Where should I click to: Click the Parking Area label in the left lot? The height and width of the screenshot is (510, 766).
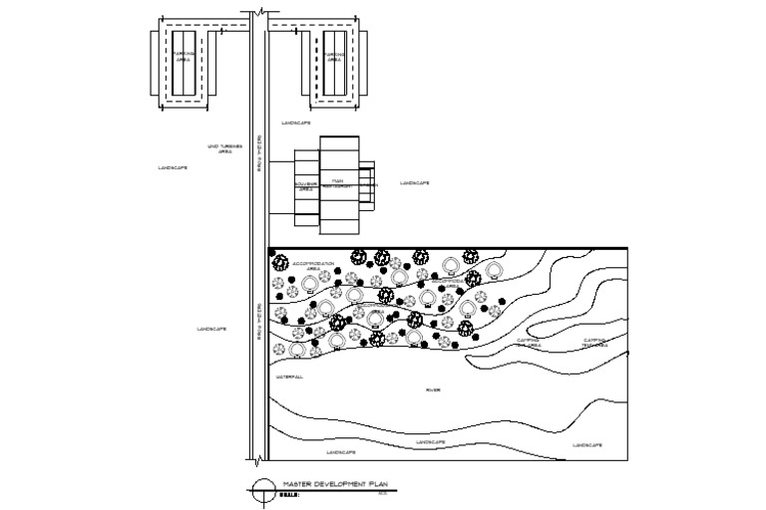(182, 57)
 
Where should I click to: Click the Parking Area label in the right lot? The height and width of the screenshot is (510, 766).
(334, 57)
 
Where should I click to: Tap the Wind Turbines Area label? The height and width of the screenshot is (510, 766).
(219, 148)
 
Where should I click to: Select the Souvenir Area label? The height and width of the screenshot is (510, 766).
(305, 186)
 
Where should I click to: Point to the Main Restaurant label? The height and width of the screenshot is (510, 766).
(339, 183)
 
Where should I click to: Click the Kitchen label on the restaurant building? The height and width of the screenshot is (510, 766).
(370, 185)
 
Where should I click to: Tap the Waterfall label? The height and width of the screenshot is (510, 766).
(289, 378)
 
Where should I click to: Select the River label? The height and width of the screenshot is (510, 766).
(433, 389)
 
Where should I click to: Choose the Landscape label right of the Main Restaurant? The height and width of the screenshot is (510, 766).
(415, 183)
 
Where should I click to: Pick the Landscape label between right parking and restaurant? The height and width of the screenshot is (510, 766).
(296, 123)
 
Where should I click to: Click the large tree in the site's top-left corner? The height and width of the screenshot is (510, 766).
(280, 264)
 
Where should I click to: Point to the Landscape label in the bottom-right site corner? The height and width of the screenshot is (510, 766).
(586, 444)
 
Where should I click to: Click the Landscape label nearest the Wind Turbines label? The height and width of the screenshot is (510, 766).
(173, 167)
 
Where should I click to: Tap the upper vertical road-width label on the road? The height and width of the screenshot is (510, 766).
(258, 149)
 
